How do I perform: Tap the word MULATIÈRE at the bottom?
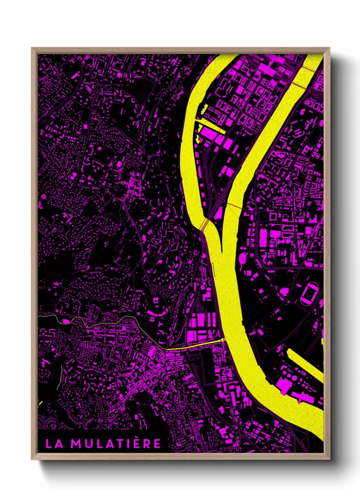[x=116, y=443]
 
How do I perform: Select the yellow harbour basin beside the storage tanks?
[x=305, y=363]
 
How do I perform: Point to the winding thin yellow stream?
[x=102, y=322]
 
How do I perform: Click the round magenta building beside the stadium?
[x=284, y=292]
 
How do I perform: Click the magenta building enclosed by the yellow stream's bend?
[x=66, y=321]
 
